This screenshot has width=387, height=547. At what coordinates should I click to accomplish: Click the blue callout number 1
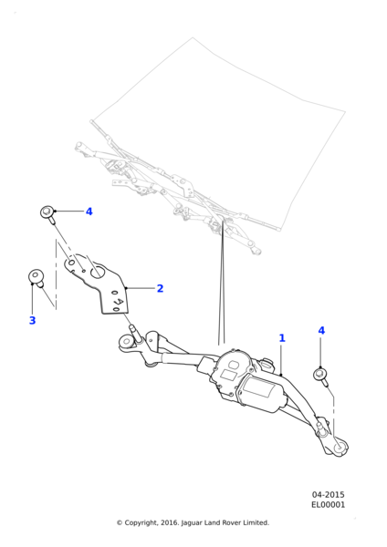coord(282,338)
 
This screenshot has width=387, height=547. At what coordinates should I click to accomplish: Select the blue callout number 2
coord(160,288)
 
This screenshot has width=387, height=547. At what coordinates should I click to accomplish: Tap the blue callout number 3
coord(32,320)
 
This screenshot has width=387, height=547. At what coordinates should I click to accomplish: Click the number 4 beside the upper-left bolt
coord(89,212)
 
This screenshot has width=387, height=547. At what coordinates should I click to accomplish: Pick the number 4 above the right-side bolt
coord(321,330)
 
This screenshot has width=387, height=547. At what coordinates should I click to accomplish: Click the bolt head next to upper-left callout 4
coord(47,212)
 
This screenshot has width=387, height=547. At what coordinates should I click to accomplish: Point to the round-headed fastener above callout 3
coord(35,276)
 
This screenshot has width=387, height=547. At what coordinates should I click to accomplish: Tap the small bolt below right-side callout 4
coord(320,376)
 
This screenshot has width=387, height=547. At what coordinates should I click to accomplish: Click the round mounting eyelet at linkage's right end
coord(340,448)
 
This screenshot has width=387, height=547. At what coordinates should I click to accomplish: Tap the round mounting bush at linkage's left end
coord(126,341)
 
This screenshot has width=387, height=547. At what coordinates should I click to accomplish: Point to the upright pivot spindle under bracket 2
coord(135,333)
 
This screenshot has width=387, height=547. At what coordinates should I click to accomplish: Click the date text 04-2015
coord(328,495)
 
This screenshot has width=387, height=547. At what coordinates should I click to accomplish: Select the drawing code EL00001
coord(328,504)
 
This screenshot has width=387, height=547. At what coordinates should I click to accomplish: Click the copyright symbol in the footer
coord(120,522)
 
